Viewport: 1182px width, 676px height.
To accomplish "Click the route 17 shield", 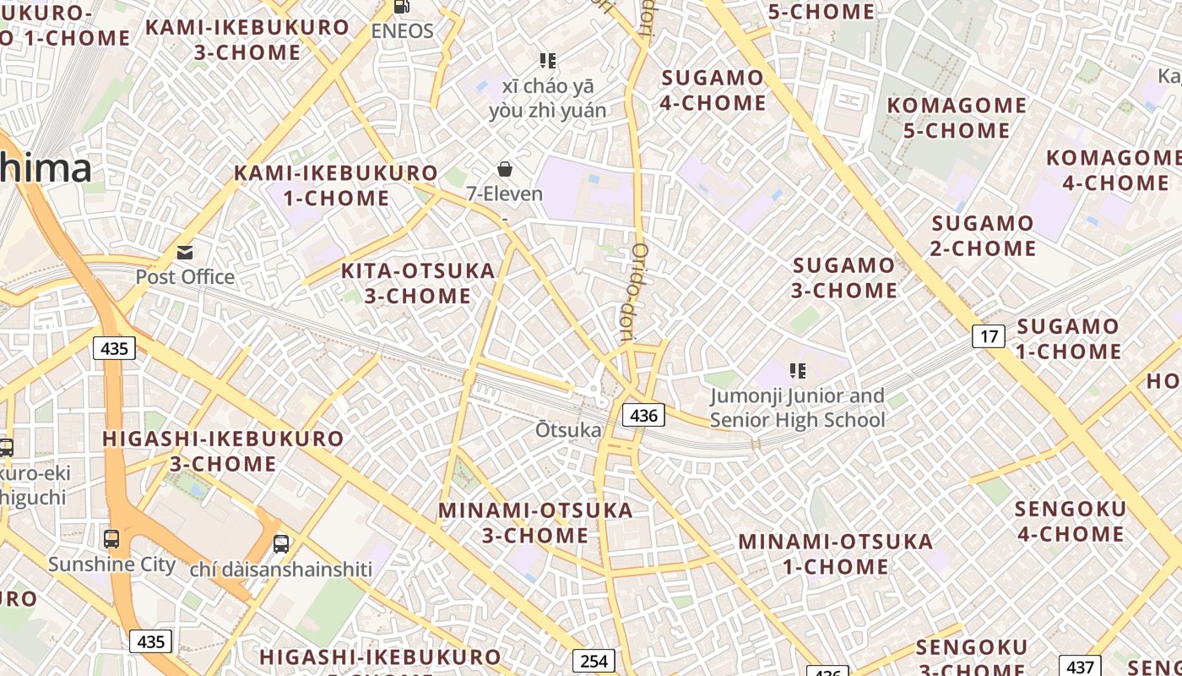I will pos(989,336).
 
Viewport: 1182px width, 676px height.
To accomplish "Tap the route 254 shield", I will pos(594,661).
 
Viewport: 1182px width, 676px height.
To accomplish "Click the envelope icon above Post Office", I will pos(185,252).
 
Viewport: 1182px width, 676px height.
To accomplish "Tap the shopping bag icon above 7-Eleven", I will pos(505,169).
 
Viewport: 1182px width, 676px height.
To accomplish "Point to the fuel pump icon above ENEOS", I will pos(402,7).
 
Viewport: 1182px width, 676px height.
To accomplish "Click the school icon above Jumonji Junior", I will pos(797,370).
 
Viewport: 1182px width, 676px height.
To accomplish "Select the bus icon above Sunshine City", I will pos(111,538).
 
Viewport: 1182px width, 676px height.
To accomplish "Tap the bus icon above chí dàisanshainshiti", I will pos(281,543).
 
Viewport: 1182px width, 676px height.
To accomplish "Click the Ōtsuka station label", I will pos(568,430).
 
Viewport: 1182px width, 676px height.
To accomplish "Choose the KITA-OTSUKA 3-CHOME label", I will pos(418,283).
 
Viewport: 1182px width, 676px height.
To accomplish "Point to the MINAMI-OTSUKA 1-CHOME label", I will pos(836,553).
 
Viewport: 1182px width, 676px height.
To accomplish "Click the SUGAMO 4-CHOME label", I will pos(713,90).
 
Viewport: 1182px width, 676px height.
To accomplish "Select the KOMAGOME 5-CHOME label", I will pos(957,117).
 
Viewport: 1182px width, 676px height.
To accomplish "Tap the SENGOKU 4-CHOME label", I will pos(1071,521).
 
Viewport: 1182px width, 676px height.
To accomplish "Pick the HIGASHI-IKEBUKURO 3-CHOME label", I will pos(223,451).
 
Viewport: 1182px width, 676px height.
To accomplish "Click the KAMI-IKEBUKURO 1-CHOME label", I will pos(336,186).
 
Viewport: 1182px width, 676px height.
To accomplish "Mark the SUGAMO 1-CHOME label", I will pos(1068,338).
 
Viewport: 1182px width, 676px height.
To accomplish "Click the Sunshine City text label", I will pos(111,564).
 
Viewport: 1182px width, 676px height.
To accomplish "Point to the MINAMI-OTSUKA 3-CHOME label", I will pos(535,522).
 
